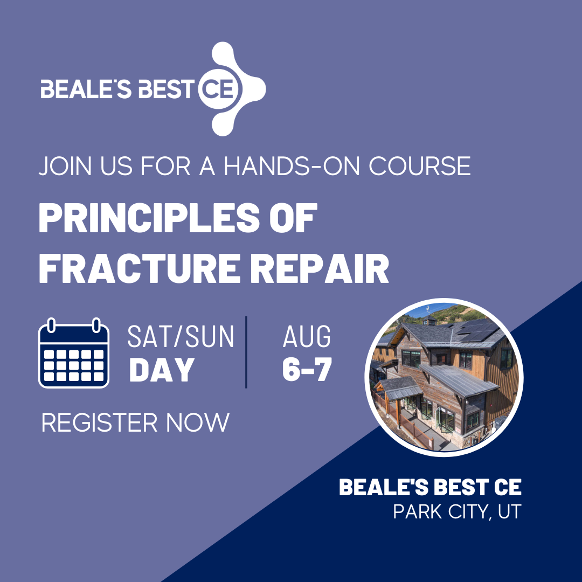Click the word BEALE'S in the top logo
[x=86, y=89]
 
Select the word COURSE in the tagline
[x=420, y=166]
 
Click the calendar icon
[x=74, y=353]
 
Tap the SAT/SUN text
[x=181, y=337]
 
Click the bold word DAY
[x=162, y=370]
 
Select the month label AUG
[x=307, y=337]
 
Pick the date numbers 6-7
[x=307, y=370]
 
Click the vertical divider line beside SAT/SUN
[x=246, y=352]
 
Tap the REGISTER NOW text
[x=135, y=422]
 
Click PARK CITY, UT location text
[x=458, y=511]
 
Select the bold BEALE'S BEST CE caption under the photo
[x=430, y=487]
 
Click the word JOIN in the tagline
[x=65, y=166]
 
